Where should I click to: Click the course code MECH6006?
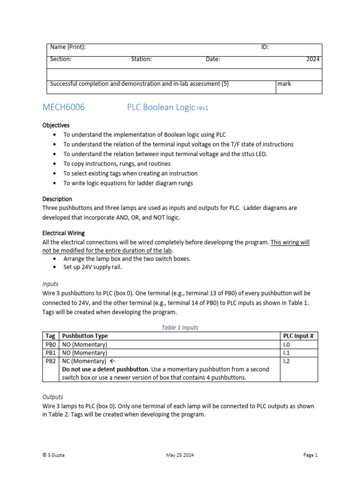[x=64, y=107]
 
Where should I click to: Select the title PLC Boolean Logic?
[x=161, y=107]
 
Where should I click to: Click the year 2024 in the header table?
[x=313, y=59]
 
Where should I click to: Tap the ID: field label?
[x=265, y=47]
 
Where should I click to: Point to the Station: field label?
[x=141, y=59]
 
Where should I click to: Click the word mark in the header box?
[x=284, y=84]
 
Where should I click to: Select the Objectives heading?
[x=56, y=126]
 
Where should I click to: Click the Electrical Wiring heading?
[x=64, y=233]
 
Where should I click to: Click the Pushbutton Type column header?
[x=85, y=336]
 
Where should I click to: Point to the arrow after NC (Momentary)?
[x=112, y=361]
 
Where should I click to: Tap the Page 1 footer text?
[x=310, y=455]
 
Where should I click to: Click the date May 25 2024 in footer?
[x=180, y=455]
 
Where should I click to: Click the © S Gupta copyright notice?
[x=53, y=455]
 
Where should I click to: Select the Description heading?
[x=57, y=199]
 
